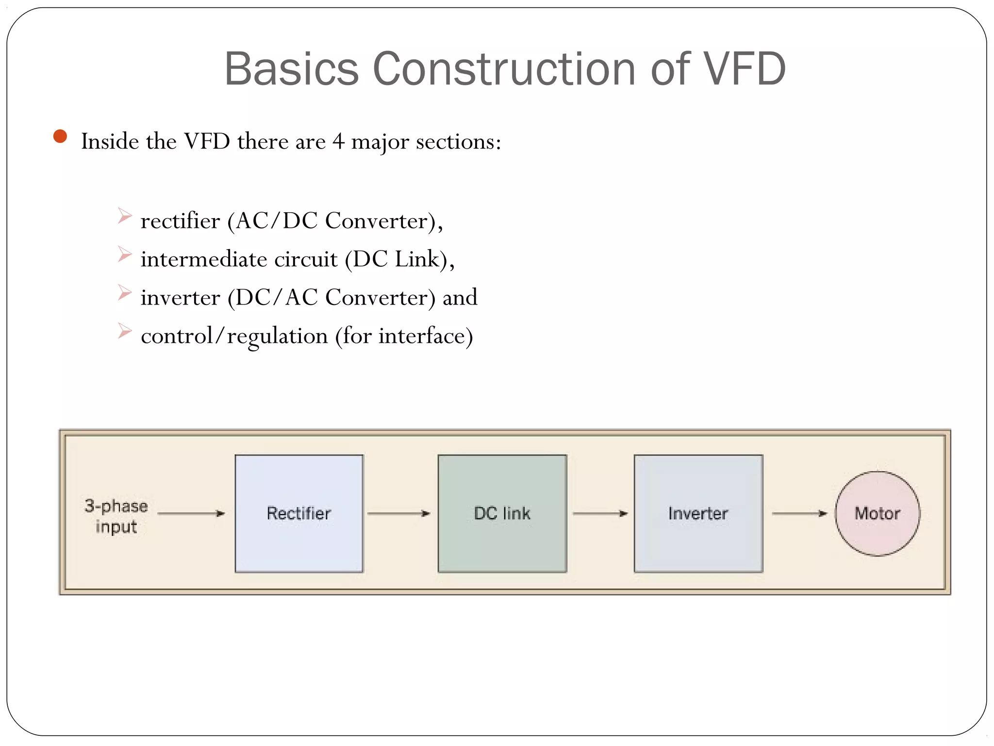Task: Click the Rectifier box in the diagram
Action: click(299, 513)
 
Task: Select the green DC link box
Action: click(502, 513)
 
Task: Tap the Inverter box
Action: click(698, 513)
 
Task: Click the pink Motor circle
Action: click(877, 513)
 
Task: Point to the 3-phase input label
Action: click(116, 516)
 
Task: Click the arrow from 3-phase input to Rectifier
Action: click(191, 513)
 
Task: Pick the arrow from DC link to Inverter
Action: click(600, 513)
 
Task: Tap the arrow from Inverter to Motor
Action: click(799, 513)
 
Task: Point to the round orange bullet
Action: click(60, 136)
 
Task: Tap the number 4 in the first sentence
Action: click(338, 142)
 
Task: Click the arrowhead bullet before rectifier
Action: click(125, 216)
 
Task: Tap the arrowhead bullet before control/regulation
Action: click(125, 331)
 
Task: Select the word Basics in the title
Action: click(291, 69)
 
